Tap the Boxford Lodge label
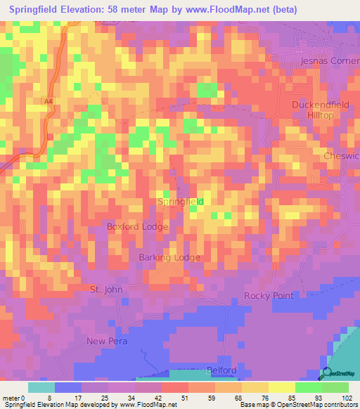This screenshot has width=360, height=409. click(137, 227)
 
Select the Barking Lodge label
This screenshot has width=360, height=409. click(169, 258)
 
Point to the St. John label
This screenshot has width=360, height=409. click(106, 290)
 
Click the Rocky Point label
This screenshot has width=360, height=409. click(269, 296)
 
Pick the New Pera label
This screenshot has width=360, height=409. click(105, 342)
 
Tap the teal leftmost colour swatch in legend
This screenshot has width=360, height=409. click(41, 387)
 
